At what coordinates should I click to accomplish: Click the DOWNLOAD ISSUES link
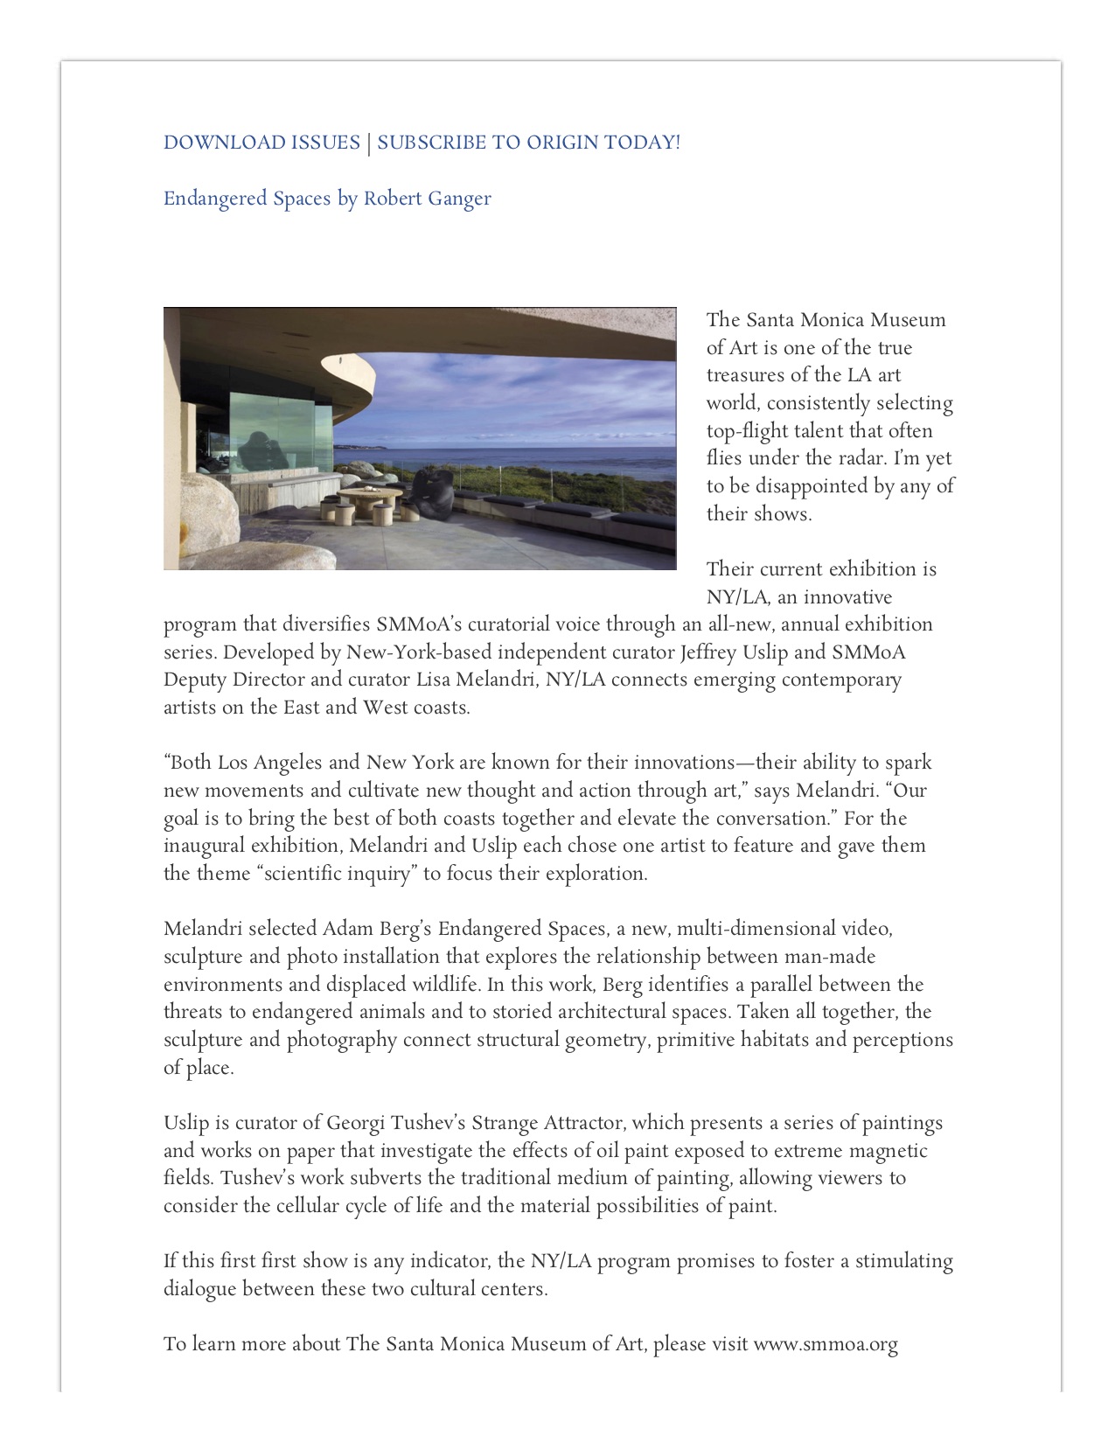coord(261,143)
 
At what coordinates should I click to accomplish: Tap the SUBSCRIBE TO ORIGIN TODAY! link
coord(528,143)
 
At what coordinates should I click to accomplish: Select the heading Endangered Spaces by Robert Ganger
coord(327,199)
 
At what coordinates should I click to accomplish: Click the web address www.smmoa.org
coord(826,1344)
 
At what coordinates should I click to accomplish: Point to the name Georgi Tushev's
coord(390,1123)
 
